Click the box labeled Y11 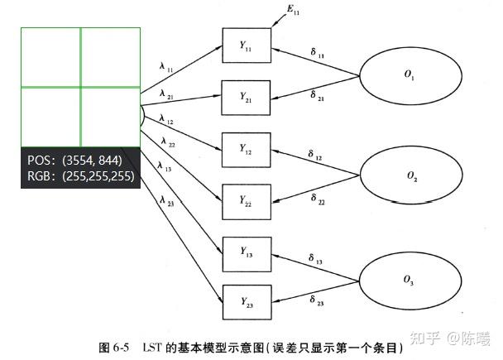[x=247, y=46]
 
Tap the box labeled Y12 [x=247, y=149]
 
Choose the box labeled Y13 [x=247, y=251]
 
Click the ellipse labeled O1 [x=409, y=75]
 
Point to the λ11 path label [x=166, y=64]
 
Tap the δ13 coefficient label [x=315, y=261]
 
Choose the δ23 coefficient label [x=316, y=300]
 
